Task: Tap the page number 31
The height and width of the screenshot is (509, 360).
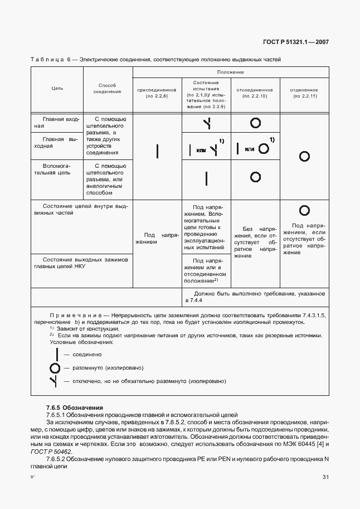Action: (x=325, y=477)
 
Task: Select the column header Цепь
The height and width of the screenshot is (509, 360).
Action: (x=57, y=88)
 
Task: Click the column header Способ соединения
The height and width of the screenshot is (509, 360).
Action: (x=107, y=88)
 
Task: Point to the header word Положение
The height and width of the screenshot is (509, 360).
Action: (x=231, y=72)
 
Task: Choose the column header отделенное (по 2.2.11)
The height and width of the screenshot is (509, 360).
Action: (x=304, y=93)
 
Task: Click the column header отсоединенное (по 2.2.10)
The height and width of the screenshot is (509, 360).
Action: (x=255, y=93)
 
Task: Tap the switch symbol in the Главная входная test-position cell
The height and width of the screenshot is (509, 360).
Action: (x=207, y=124)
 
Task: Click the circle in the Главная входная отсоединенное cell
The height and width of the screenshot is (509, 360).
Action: (x=255, y=123)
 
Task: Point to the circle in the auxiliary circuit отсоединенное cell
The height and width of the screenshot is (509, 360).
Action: (x=255, y=177)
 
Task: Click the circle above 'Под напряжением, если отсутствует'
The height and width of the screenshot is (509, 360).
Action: (x=304, y=210)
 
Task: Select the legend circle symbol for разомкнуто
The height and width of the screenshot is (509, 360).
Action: (x=55, y=368)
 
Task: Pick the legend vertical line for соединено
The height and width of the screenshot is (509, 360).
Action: (x=55, y=355)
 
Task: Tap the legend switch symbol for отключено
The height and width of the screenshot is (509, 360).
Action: (x=55, y=381)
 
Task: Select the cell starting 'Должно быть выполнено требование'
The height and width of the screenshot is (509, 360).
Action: (x=255, y=297)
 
